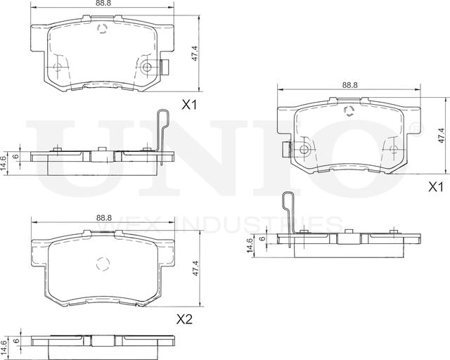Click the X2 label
(x=184, y=319)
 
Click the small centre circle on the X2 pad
(x=103, y=266)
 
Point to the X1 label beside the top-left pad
(x=189, y=105)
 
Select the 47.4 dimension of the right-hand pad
(x=441, y=136)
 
